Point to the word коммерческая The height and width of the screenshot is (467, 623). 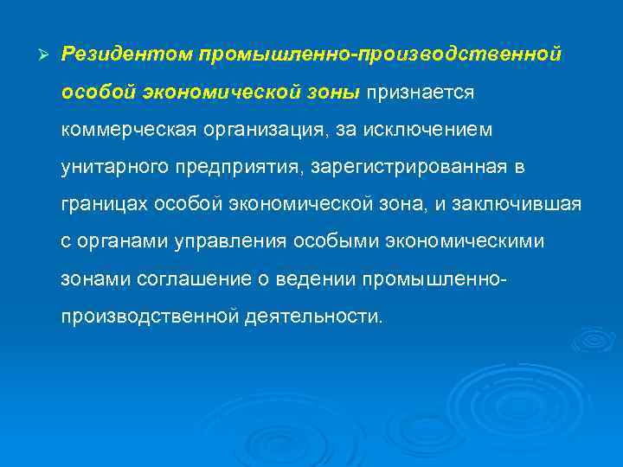tap(127, 129)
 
